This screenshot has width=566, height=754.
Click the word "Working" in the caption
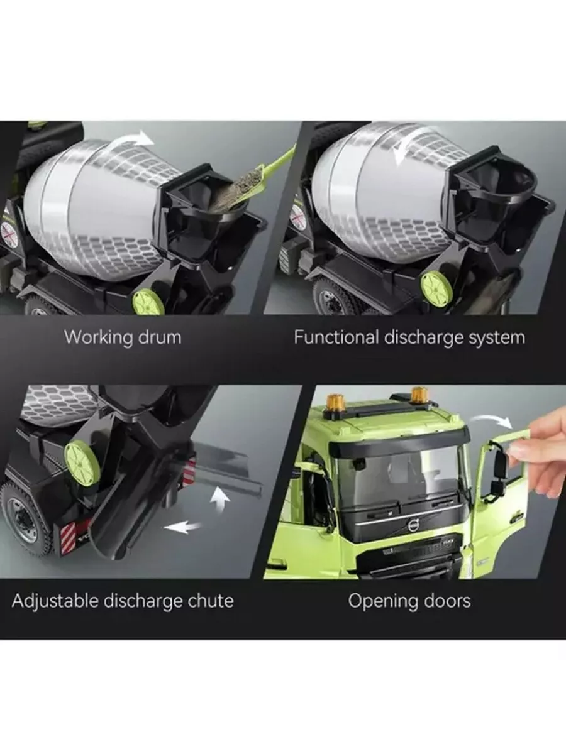(x=99, y=337)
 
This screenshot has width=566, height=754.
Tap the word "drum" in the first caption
(x=160, y=337)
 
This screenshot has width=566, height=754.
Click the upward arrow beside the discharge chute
(x=220, y=501)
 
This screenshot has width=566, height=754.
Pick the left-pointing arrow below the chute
(x=182, y=527)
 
